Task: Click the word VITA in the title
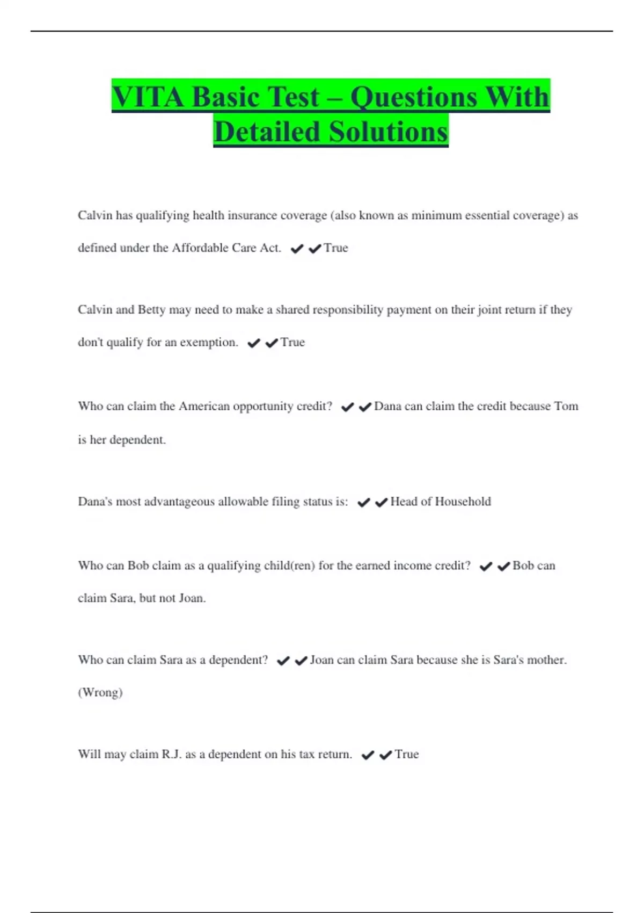coord(148,98)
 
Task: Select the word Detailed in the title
coord(267,132)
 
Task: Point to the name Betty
coord(152,310)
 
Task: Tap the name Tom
coord(566,407)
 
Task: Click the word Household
coord(463,502)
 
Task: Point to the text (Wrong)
coord(100,692)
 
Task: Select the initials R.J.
coord(172,755)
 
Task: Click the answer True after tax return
coord(407,755)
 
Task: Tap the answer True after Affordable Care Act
coord(336,248)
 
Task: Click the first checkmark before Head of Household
coord(364,503)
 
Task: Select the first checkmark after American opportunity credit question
coord(348,408)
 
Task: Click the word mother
coord(547,660)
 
